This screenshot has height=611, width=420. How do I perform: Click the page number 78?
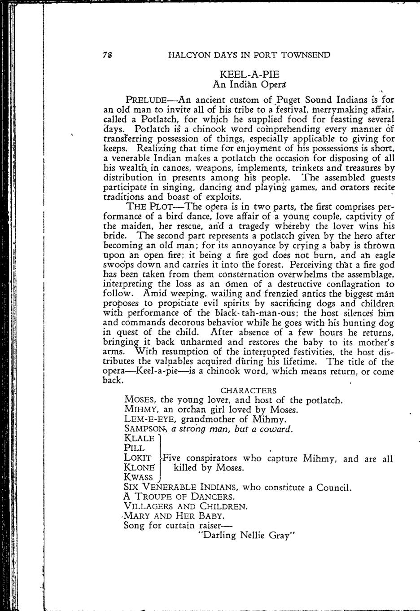[107, 55]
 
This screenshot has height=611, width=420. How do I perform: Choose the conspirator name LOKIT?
[137, 458]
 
